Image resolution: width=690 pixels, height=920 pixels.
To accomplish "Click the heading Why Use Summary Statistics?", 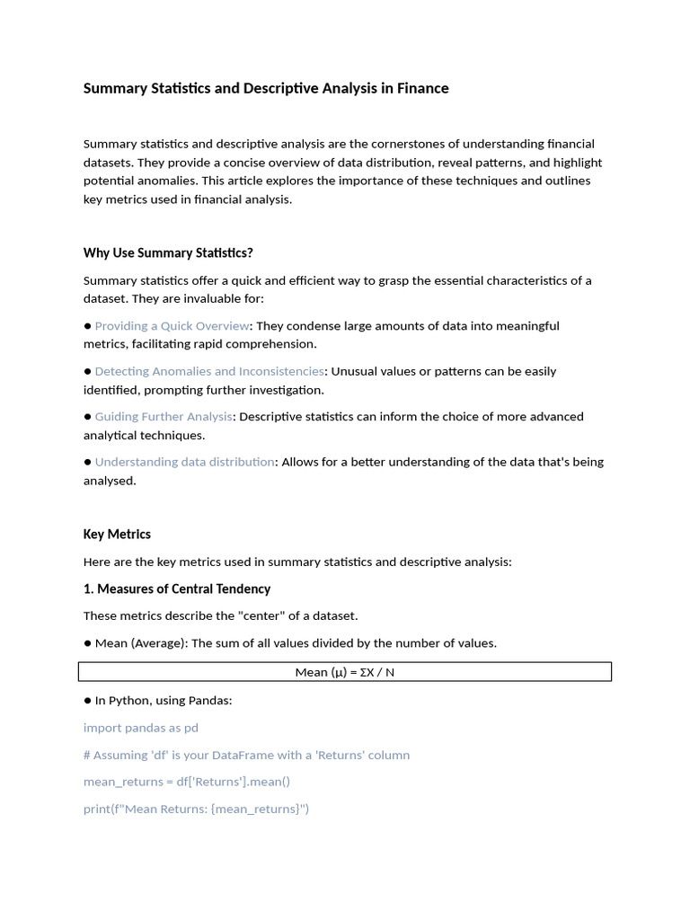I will pyautogui.click(x=168, y=252).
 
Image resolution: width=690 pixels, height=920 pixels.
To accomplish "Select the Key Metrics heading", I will pyautogui.click(x=117, y=534).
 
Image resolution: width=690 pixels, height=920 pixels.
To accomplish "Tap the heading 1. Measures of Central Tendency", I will pyautogui.click(x=177, y=588).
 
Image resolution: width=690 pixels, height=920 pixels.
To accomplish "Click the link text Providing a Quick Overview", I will pyautogui.click(x=172, y=325).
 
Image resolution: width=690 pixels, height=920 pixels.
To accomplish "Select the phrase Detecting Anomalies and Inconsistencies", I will pyautogui.click(x=209, y=371).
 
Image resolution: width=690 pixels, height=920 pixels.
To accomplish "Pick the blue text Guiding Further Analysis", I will pyautogui.click(x=164, y=416).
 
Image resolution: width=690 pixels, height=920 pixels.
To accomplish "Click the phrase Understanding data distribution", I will pyautogui.click(x=184, y=462).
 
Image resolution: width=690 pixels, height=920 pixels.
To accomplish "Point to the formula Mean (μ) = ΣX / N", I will pyautogui.click(x=345, y=672).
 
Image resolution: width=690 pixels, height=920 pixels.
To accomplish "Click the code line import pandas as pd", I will pyautogui.click(x=141, y=727).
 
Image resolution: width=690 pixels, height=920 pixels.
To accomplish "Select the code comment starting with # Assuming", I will pyautogui.click(x=246, y=755).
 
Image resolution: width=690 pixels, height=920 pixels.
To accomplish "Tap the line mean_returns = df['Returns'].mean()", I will pyautogui.click(x=187, y=782).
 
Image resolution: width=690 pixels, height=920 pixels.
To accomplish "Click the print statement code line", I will pyautogui.click(x=196, y=809).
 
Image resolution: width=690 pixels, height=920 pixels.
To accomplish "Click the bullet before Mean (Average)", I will pyautogui.click(x=88, y=643).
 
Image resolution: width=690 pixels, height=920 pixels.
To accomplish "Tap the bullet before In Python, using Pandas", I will pyautogui.click(x=88, y=700).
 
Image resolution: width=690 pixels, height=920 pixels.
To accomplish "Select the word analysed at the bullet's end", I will pyautogui.click(x=110, y=481).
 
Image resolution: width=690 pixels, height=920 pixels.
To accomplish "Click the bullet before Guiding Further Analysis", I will pyautogui.click(x=88, y=417).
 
